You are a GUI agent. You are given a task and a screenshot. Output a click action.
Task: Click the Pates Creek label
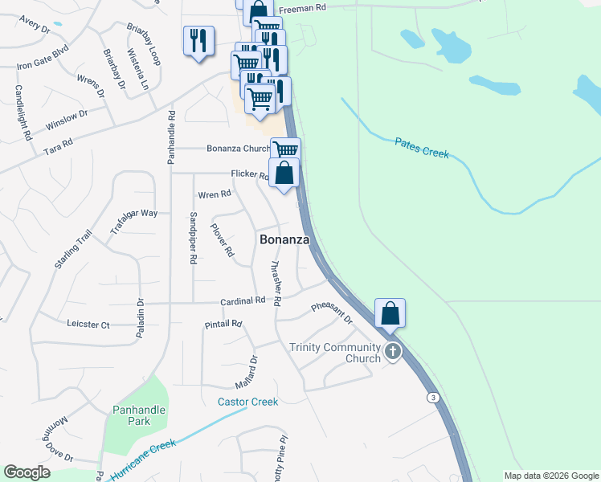[x=422, y=148]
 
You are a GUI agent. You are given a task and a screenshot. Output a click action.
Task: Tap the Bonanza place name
[x=284, y=239]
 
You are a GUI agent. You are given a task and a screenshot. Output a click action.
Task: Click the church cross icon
[x=393, y=352]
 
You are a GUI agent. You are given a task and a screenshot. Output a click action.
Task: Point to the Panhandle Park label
[x=139, y=415]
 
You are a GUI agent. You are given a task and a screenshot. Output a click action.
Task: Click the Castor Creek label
[x=247, y=402]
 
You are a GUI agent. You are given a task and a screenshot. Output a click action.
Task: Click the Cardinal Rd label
[x=243, y=300]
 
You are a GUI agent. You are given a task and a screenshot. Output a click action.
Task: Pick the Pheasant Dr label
[x=332, y=313]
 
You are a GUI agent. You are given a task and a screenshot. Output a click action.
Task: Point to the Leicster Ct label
[x=88, y=325]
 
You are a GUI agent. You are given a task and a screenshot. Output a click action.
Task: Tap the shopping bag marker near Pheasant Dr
[x=390, y=312]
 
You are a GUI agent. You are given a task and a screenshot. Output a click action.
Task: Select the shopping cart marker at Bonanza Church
[x=285, y=150]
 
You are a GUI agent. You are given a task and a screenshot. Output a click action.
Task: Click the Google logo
[x=27, y=472]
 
